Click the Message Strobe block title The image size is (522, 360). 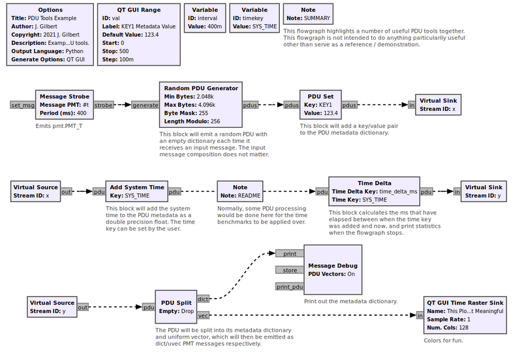[x=65, y=97]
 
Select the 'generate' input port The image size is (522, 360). [x=145, y=105]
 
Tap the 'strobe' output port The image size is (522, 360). [x=104, y=105]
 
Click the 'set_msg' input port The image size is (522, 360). [x=23, y=105]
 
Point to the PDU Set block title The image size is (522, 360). [x=320, y=97]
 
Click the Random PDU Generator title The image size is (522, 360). [x=201, y=88]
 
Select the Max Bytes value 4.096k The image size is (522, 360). [x=207, y=105]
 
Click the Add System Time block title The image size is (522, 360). [x=137, y=187]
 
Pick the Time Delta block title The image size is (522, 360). [x=375, y=183]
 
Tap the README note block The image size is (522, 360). [x=240, y=191]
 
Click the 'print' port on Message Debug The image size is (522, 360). [x=290, y=254]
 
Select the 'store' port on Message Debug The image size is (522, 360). [x=290, y=270]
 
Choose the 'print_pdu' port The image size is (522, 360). [x=290, y=286]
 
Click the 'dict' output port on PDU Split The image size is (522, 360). [x=203, y=299]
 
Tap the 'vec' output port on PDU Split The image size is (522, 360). [x=203, y=316]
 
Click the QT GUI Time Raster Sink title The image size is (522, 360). [x=465, y=303]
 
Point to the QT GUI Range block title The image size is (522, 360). [x=139, y=10]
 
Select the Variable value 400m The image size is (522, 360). [x=215, y=27]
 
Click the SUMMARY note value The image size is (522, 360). [x=317, y=18]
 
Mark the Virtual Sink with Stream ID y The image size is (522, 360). [x=484, y=191]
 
